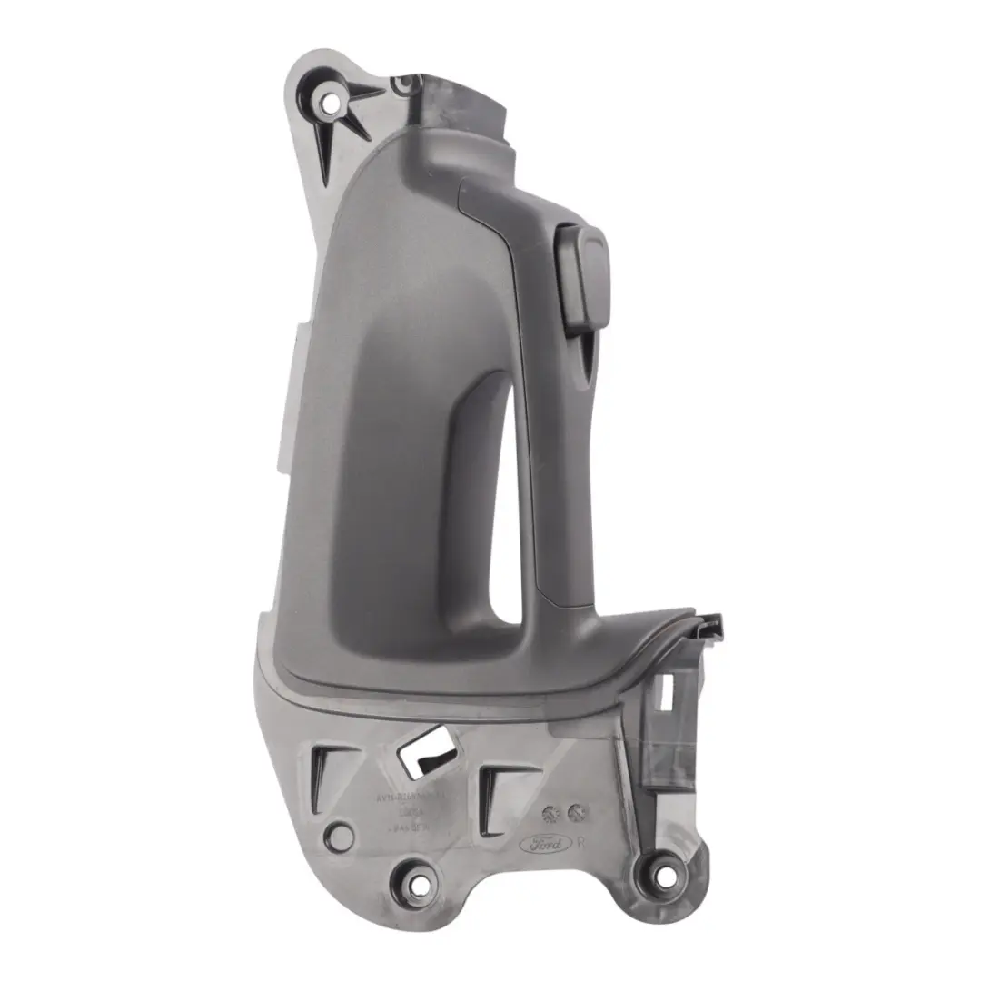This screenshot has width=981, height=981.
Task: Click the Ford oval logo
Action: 545,843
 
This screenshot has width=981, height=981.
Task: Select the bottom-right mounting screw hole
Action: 667,877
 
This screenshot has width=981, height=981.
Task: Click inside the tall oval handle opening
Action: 504,509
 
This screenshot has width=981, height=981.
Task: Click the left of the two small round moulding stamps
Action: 550,811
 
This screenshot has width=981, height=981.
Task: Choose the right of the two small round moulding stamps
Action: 575,811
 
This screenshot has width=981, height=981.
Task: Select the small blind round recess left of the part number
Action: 340,836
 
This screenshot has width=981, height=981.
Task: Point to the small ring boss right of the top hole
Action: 400,85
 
